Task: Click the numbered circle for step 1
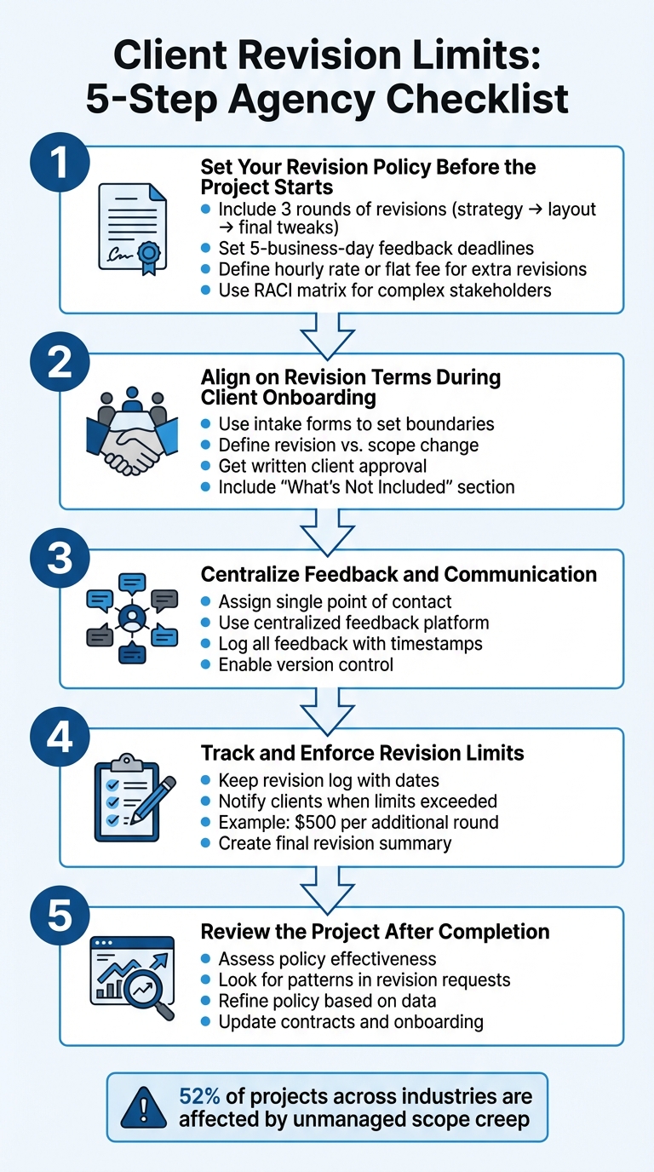point(59,164)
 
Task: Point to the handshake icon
point(131,433)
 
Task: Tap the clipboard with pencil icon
point(132,796)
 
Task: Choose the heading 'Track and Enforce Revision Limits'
point(362,753)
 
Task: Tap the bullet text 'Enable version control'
point(306,664)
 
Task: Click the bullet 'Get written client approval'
point(323,466)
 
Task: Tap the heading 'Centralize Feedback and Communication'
point(399,574)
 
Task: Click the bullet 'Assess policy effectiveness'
point(327,958)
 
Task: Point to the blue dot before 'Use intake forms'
point(204,424)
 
